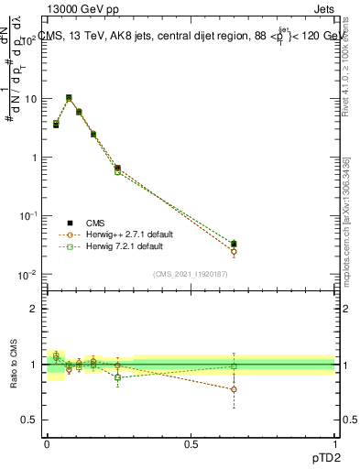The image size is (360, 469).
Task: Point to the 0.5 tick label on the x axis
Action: pyautogui.click(x=191, y=443)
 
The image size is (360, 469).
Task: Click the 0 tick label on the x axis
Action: pyautogui.click(x=47, y=443)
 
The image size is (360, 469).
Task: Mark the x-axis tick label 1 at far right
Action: pyautogui.click(x=335, y=443)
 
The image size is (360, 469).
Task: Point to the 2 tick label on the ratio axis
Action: pyautogui.click(x=33, y=309)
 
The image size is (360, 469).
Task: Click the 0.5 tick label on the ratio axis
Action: pyautogui.click(x=29, y=420)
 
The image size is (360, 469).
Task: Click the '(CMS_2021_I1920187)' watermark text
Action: pyautogui.click(x=191, y=274)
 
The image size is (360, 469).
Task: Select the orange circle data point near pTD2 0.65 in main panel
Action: pyautogui.click(x=234, y=251)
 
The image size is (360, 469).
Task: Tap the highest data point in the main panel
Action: pyautogui.click(x=69, y=98)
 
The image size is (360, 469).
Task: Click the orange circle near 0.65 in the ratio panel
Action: pyautogui.click(x=234, y=389)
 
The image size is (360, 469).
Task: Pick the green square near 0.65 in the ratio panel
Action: pyautogui.click(x=234, y=366)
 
